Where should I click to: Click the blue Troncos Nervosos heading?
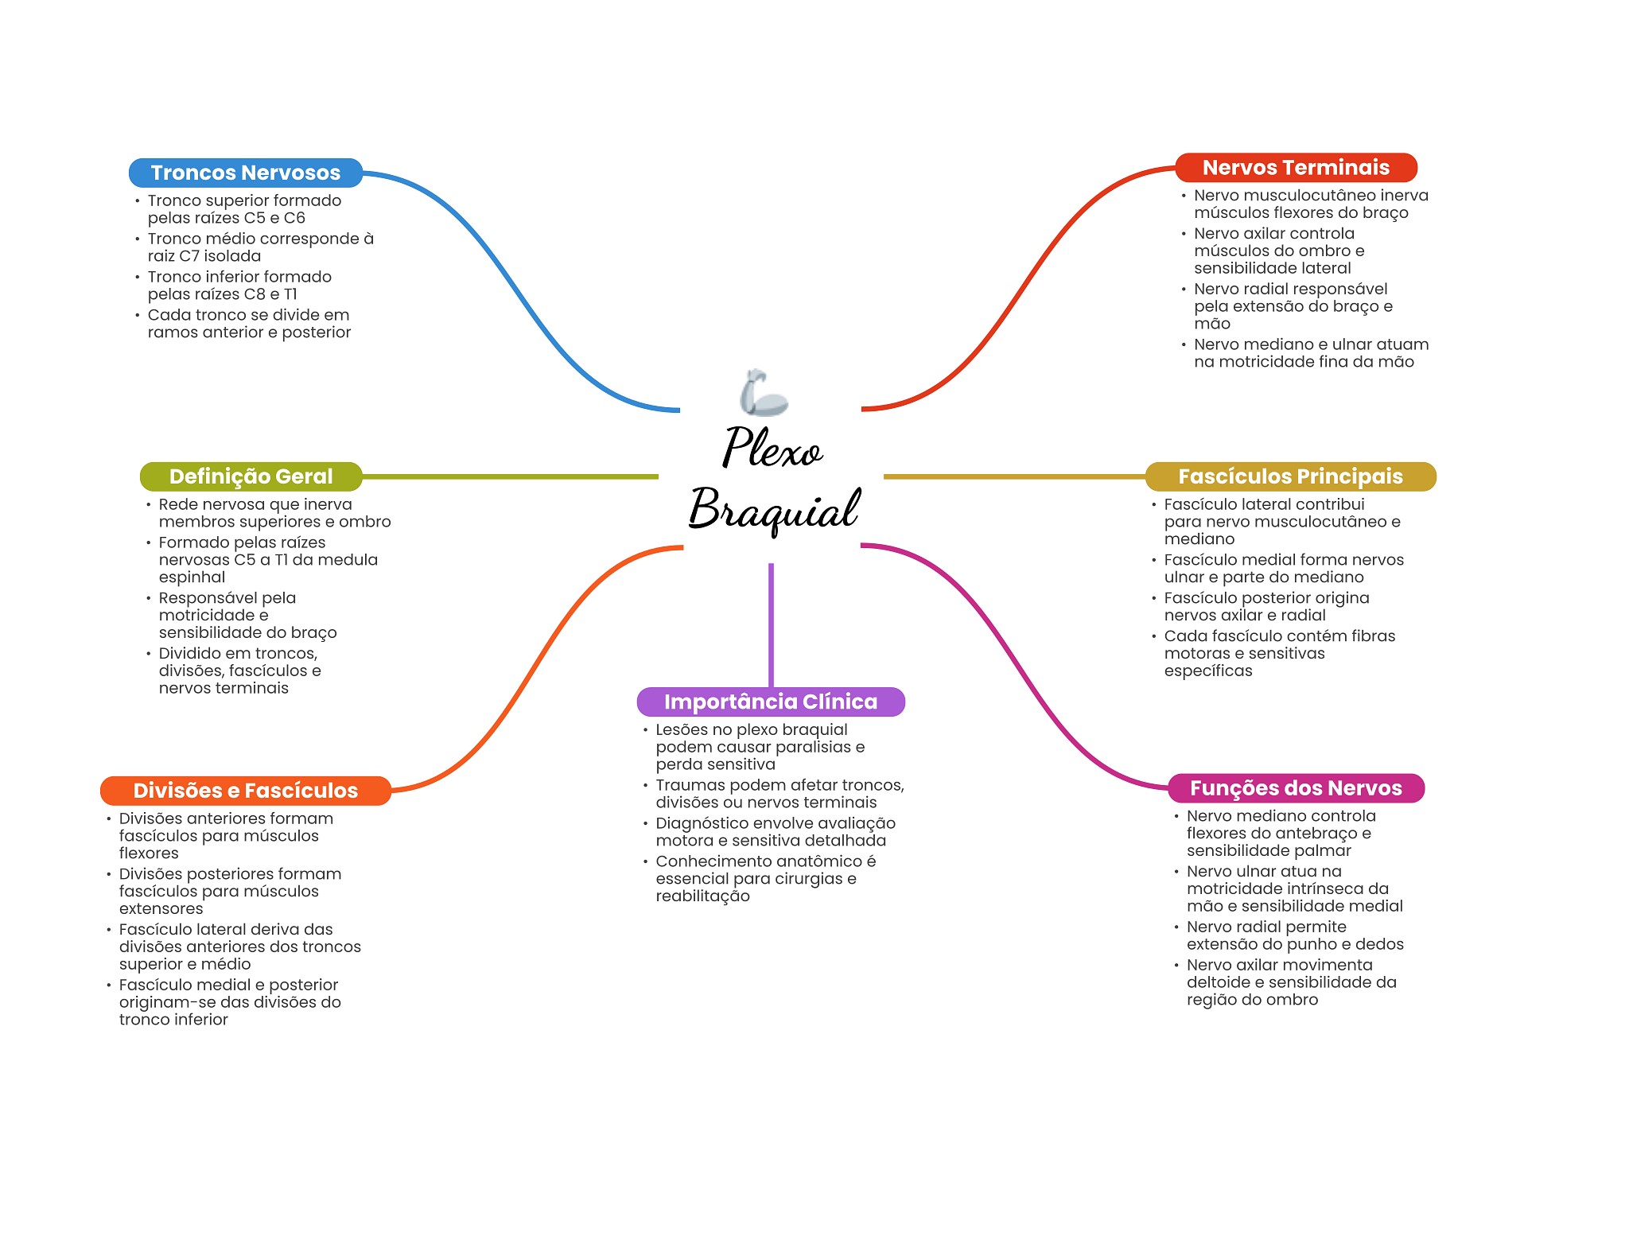(246, 173)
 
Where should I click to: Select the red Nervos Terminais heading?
(1296, 168)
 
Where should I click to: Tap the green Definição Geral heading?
(251, 476)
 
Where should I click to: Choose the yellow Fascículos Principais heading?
(1290, 476)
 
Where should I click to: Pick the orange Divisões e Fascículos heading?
(246, 791)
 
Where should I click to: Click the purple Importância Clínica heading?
(771, 702)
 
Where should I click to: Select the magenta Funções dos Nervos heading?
(1296, 788)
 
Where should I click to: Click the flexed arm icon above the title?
(764, 393)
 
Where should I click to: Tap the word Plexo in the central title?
(772, 449)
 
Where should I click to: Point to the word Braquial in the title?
(774, 509)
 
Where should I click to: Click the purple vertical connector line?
(771, 625)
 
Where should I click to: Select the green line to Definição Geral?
(510, 476)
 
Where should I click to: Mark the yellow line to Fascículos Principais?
(1015, 476)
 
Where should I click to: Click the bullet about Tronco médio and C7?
(260, 247)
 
